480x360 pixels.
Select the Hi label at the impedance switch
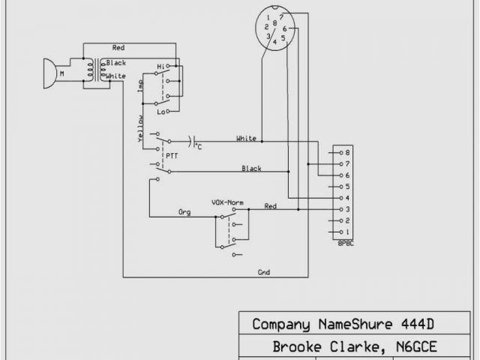point(160,67)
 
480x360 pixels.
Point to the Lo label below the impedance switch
point(160,111)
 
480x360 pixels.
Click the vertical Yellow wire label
point(140,129)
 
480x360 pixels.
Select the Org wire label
point(184,212)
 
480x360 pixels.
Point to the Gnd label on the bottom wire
point(264,271)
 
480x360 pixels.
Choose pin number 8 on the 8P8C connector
point(347,152)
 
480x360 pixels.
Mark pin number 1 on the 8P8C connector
point(347,232)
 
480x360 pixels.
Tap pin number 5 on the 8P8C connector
point(347,186)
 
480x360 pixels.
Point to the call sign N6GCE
point(410,346)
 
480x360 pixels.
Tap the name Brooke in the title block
point(298,346)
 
